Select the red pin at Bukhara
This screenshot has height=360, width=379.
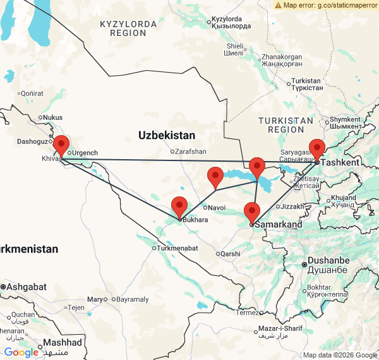coord(179,207)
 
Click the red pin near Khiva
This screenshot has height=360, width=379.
coord(61,145)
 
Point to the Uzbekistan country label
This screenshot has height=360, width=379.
coord(167,135)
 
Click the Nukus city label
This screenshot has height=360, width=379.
coord(52,117)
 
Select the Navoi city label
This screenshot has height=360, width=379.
coord(216,207)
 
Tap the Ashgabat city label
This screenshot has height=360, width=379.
coord(27,287)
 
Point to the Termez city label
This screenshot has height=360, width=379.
coord(247,312)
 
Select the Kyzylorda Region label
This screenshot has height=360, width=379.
coord(128,28)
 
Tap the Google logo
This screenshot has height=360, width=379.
coord(21,352)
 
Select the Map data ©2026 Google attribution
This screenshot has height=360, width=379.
coord(339,355)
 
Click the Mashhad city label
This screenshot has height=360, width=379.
coord(62,342)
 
